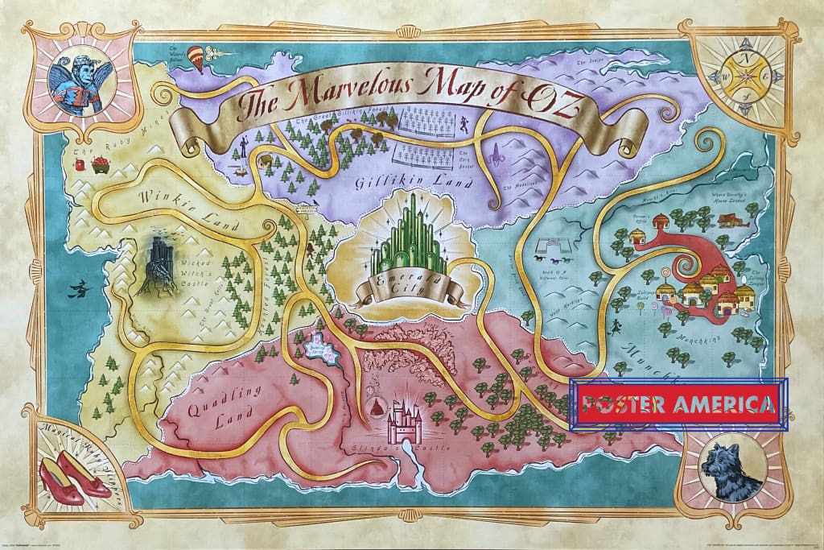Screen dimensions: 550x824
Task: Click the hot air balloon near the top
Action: click(x=196, y=57)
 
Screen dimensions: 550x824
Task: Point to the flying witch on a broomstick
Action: click(x=79, y=288)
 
